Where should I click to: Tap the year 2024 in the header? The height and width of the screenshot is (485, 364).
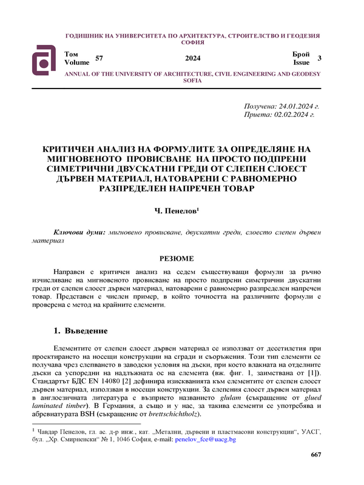click(x=193, y=58)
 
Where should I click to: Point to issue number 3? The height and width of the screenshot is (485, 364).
click(x=319, y=58)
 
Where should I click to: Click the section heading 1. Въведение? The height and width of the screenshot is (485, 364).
click(x=81, y=332)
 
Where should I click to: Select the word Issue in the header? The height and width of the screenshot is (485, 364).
click(x=302, y=62)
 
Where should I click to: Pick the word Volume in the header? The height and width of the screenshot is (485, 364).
click(x=76, y=62)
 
